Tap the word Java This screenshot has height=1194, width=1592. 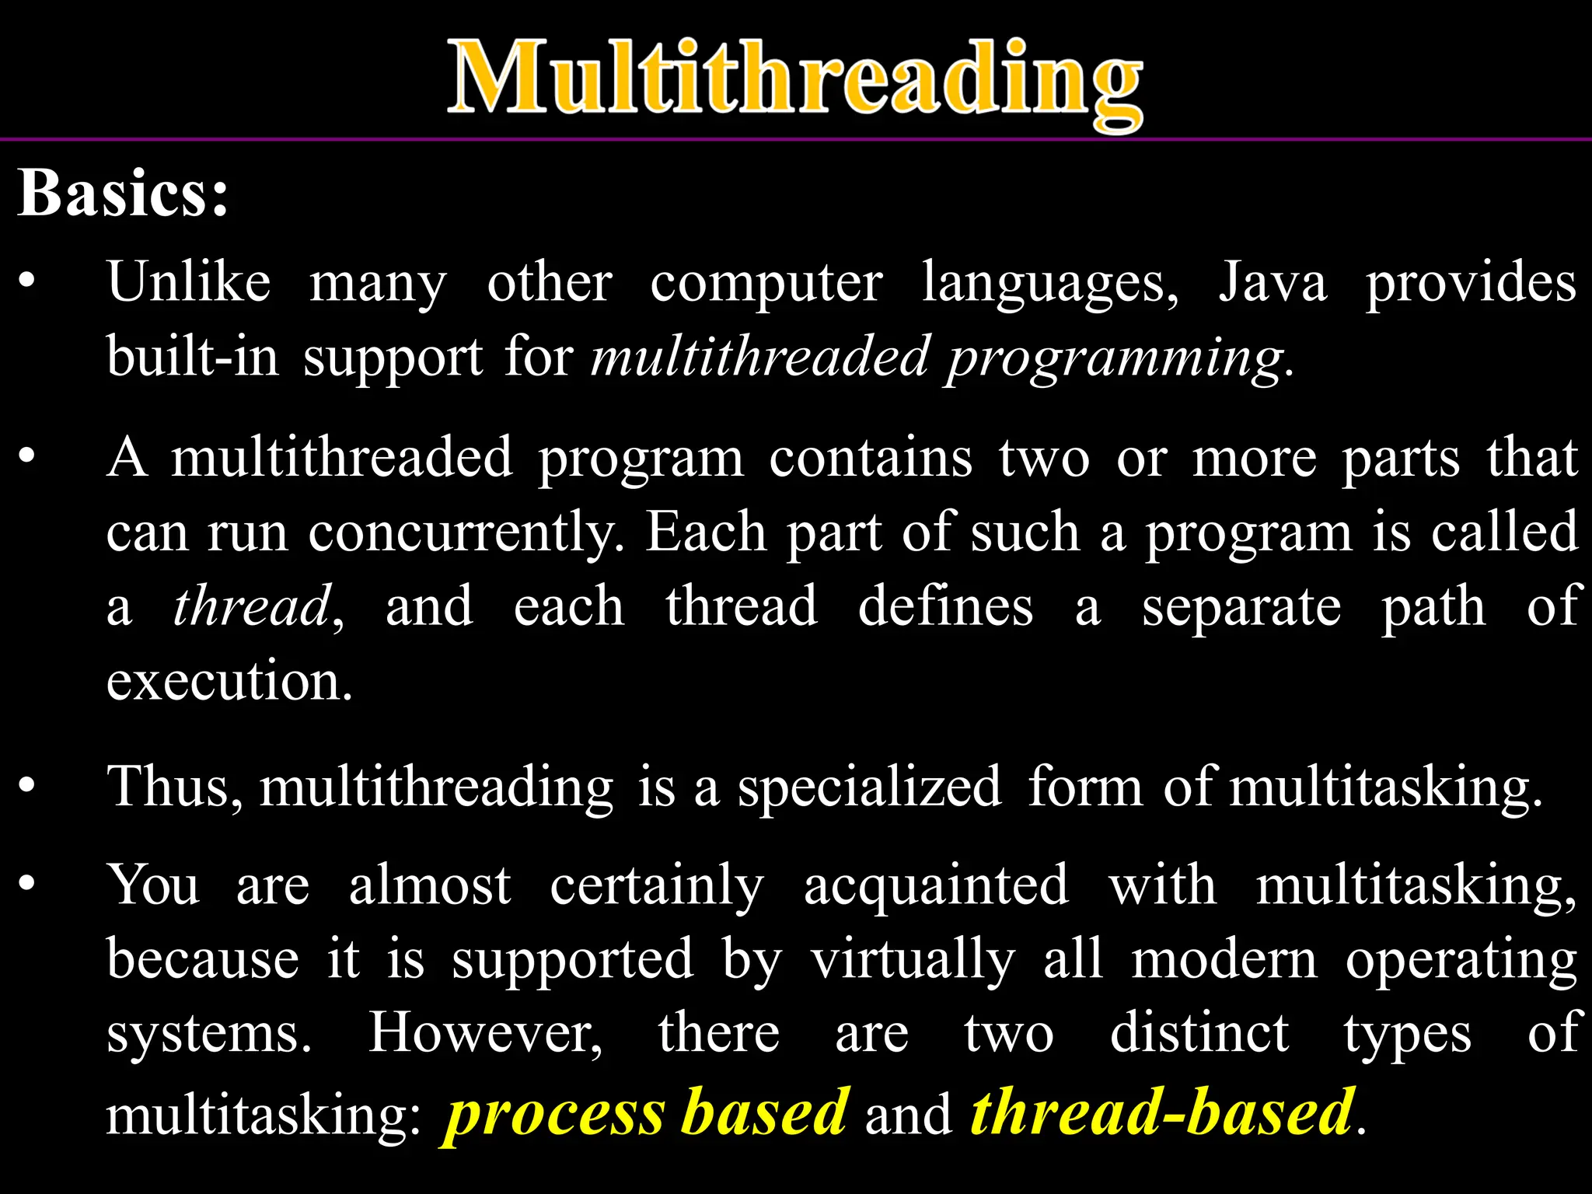pyautogui.click(x=1273, y=281)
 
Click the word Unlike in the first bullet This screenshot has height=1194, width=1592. pyautogui.click(x=189, y=281)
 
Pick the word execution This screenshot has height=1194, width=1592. pyautogui.click(x=229, y=681)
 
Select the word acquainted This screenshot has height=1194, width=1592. pyautogui.click(x=936, y=885)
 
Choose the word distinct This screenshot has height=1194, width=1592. pyautogui.click(x=1199, y=1034)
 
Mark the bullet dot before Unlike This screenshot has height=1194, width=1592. pyautogui.click(x=27, y=281)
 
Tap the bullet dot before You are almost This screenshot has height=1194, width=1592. pyautogui.click(x=27, y=884)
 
